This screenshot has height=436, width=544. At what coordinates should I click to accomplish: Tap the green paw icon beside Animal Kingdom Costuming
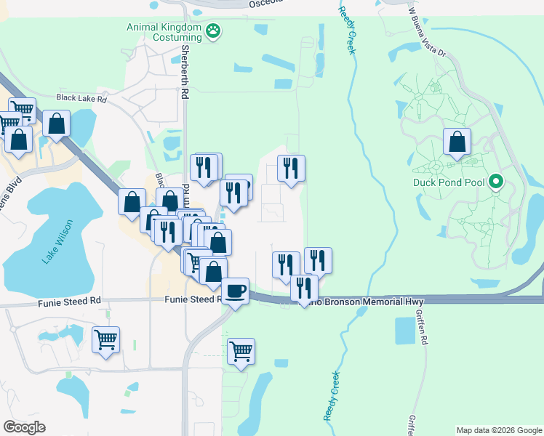213,31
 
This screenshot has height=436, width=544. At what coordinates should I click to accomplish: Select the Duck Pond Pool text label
449,182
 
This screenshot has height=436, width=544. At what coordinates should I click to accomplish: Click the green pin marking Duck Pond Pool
497,182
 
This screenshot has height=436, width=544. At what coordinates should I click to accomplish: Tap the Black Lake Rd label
81,97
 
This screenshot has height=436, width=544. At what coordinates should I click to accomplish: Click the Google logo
24,427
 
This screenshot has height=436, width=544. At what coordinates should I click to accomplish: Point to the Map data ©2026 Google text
498,430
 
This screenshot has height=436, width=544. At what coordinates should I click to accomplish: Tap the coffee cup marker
235,291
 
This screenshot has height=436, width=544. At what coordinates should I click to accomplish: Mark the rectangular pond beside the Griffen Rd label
404,331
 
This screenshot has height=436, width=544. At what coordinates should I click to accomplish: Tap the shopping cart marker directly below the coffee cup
241,352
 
